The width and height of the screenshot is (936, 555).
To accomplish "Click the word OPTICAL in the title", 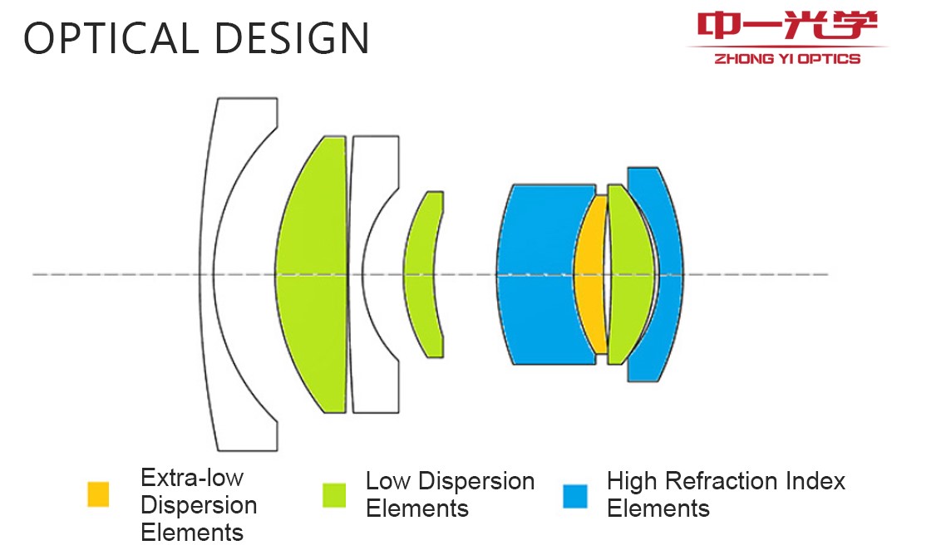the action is (x=111, y=38).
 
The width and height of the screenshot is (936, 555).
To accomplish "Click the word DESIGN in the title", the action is (x=292, y=38).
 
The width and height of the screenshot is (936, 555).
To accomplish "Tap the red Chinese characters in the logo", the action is (x=787, y=25).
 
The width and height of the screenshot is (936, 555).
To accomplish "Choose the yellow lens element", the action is (x=589, y=274).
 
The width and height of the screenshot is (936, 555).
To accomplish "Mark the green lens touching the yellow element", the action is (x=630, y=274).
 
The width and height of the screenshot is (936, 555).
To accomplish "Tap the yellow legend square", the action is (x=98, y=494).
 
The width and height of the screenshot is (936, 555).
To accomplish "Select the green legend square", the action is (x=334, y=495).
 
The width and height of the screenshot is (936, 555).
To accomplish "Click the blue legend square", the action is (x=575, y=496).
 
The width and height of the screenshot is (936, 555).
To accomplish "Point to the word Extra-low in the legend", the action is (x=192, y=478).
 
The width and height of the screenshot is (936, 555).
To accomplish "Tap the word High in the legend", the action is (x=633, y=482).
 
